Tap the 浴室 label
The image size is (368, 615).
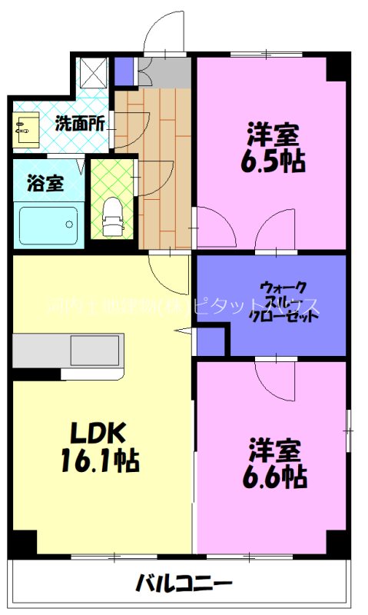45,184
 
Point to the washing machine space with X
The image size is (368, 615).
94,74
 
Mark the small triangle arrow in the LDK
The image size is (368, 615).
182,331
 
